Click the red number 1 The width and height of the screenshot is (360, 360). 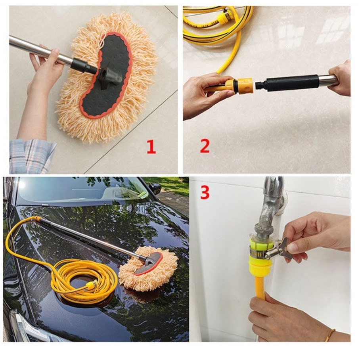click(x=151, y=147)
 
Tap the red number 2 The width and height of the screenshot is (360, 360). click(x=205, y=146)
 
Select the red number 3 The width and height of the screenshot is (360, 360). click(x=205, y=192)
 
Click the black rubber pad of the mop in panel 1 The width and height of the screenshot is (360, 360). click(x=106, y=75)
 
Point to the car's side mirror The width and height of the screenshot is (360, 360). click(x=155, y=188)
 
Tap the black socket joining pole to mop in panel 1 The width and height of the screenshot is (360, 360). click(x=83, y=66)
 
